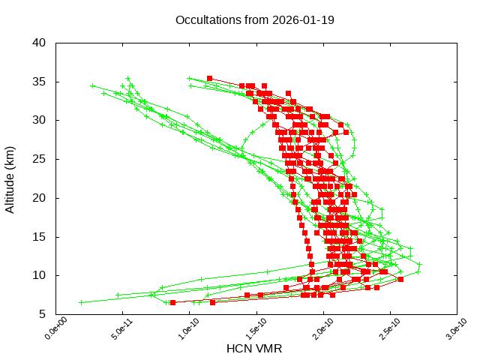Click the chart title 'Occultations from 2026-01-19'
[255, 19]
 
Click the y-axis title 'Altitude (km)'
[10, 178]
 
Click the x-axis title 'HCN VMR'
[254, 349]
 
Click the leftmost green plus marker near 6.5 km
[81, 302]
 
